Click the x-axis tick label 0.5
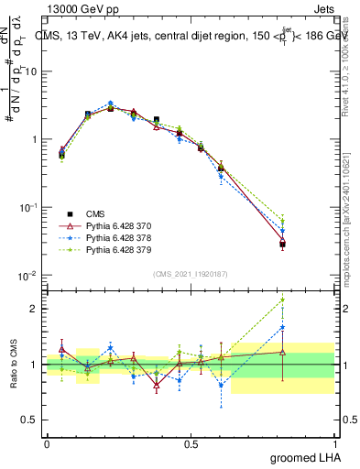(191, 442)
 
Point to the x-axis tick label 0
(47, 442)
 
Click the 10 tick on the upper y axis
(32, 71)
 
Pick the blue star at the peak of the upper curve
(111, 104)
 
